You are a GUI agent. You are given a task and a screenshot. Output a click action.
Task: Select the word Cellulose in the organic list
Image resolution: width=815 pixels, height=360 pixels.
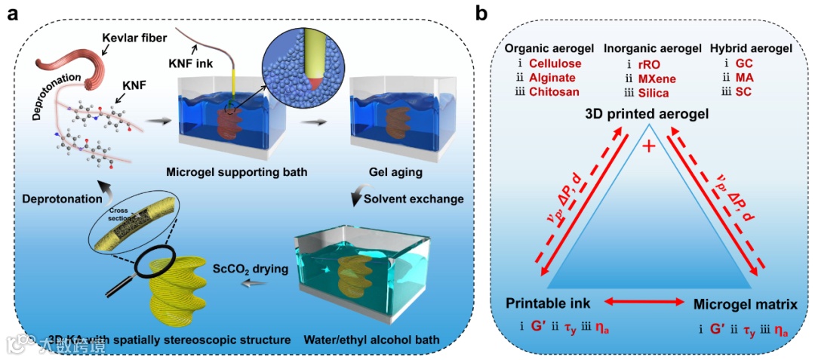pyautogui.click(x=555, y=63)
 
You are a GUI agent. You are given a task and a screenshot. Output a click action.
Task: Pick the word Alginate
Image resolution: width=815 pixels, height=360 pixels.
pyautogui.click(x=552, y=77)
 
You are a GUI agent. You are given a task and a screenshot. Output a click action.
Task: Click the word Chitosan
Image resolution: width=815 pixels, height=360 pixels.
pyautogui.click(x=554, y=91)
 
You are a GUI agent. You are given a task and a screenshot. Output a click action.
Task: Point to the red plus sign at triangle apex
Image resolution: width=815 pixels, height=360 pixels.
pyautogui.click(x=648, y=146)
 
